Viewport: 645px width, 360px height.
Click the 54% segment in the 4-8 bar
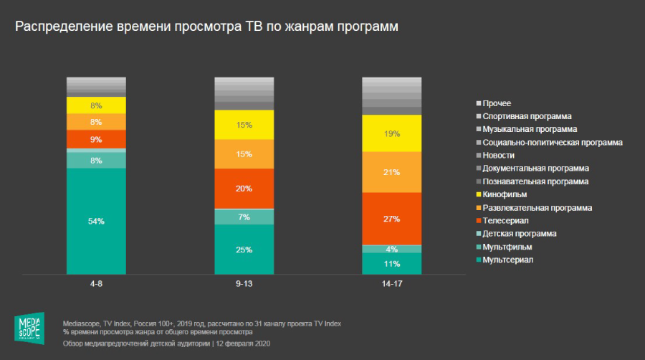(x=96, y=221)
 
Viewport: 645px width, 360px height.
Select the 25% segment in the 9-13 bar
(x=244, y=249)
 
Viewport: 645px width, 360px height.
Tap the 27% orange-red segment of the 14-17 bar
(x=391, y=218)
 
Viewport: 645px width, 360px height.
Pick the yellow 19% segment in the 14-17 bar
(x=391, y=133)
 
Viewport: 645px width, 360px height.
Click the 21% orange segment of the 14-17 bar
(x=391, y=172)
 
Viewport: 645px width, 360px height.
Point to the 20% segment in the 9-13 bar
(x=244, y=189)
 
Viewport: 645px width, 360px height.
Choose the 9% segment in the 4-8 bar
(x=96, y=139)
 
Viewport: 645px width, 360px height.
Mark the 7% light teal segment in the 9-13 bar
(x=244, y=217)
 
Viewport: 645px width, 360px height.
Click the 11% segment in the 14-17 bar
(x=391, y=263)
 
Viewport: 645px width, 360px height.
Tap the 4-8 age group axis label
(x=96, y=284)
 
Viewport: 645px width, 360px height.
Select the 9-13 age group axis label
(x=244, y=284)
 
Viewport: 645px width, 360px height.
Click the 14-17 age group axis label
(x=391, y=284)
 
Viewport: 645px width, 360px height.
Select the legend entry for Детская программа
(x=520, y=233)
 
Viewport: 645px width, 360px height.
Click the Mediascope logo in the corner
(x=29, y=328)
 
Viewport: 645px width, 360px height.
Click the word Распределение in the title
(x=60, y=27)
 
